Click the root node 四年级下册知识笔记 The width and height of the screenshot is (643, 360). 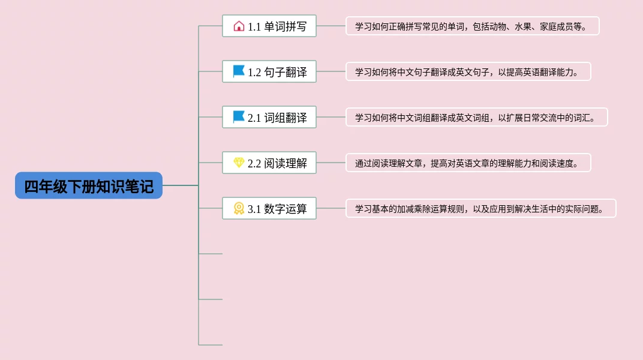[x=89, y=185]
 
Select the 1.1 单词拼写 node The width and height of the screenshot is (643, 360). [x=269, y=26]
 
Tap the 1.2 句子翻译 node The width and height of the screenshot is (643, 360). [x=269, y=71]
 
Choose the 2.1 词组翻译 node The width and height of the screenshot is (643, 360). [x=269, y=117]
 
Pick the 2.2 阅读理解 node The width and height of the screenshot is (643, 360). [x=269, y=163]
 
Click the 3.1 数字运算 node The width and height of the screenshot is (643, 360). [x=269, y=208]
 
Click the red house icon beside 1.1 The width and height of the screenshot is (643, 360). [x=239, y=26]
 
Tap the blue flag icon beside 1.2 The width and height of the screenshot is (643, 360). [x=239, y=71]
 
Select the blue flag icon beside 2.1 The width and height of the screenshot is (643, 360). [x=239, y=117]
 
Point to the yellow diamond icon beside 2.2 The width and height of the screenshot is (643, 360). [x=239, y=163]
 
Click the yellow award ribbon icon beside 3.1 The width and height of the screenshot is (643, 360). [x=239, y=208]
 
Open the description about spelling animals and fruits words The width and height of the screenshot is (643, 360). [x=473, y=26]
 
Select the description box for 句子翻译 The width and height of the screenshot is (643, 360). [x=468, y=71]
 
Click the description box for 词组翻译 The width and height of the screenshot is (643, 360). [x=476, y=117]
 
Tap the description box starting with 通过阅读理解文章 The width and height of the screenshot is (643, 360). [x=468, y=163]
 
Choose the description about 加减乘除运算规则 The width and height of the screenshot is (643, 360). [x=481, y=208]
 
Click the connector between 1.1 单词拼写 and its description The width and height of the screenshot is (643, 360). [x=331, y=26]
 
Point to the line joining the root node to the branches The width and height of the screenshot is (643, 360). [x=181, y=185]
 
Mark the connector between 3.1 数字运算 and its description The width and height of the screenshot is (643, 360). [x=331, y=208]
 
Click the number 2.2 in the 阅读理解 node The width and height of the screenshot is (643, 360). [x=254, y=164]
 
